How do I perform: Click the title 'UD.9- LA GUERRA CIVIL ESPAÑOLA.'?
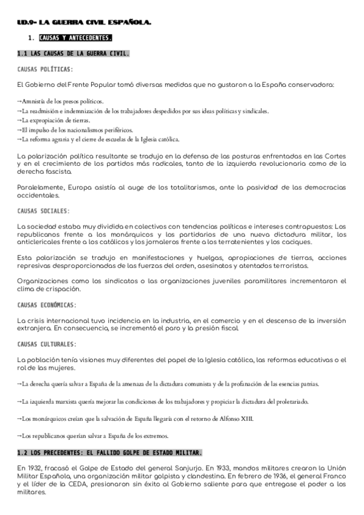[x=84, y=23]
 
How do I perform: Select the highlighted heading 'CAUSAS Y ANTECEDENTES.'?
[x=75, y=38]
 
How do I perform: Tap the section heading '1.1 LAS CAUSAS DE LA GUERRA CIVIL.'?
[x=74, y=53]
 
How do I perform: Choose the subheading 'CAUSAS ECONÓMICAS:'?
[x=47, y=304]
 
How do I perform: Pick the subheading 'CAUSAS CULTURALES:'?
[x=47, y=344]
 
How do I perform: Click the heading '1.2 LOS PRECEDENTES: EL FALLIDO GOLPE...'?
[x=110, y=453]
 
